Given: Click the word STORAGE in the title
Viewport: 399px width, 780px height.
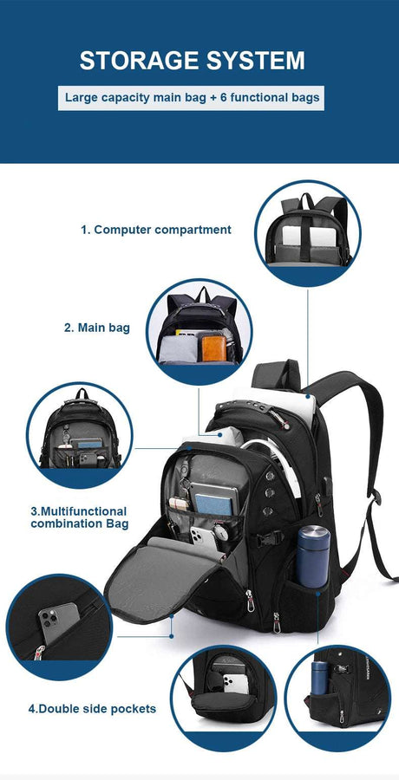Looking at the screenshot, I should [x=134, y=61].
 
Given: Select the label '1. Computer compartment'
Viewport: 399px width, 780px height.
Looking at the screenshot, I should [x=156, y=230].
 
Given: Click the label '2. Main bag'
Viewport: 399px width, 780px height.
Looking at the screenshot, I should [x=96, y=328].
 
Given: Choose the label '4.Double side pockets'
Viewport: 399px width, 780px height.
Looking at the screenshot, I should [x=92, y=708].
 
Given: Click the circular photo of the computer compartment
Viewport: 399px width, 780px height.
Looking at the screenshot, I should [x=307, y=232].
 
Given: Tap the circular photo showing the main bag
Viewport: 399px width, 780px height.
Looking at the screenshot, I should [x=199, y=331].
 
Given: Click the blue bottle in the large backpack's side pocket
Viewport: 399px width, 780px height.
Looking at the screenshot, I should [x=311, y=555].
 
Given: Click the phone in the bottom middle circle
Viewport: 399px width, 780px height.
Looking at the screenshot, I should [x=231, y=685].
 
